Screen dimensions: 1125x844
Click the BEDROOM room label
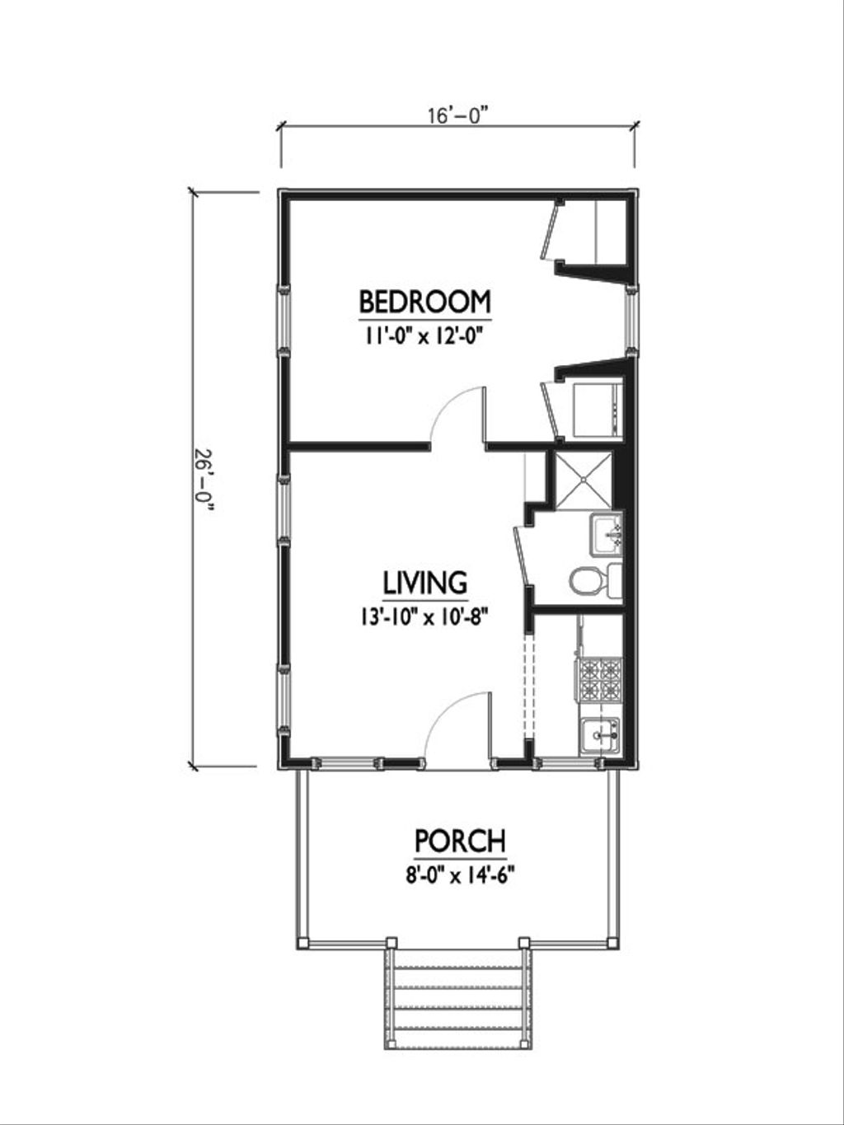coord(424,302)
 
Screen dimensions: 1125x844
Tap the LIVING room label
coord(424,583)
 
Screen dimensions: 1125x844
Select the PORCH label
coord(460,841)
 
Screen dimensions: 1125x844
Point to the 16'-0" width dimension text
coord(458,115)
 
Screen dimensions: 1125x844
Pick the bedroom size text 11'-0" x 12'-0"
coord(424,335)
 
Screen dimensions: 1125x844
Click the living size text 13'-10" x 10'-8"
coord(424,617)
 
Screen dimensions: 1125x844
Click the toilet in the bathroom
coord(587,581)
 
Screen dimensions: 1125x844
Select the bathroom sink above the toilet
coord(607,533)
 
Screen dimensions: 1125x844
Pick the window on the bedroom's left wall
coord(283,318)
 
